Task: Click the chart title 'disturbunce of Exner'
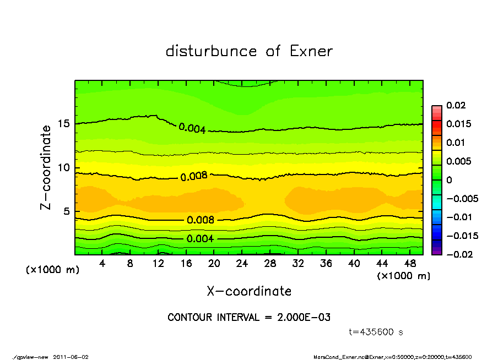[249, 51]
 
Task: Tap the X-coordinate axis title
[249, 291]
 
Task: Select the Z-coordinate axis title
[46, 167]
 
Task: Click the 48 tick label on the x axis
[410, 264]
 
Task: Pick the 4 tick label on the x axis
[102, 264]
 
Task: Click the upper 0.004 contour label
[192, 129]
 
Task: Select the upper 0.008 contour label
[194, 177]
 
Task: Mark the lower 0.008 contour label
[201, 220]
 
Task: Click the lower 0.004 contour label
[201, 239]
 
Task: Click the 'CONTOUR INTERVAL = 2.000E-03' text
[249, 318]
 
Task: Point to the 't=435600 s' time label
[376, 332]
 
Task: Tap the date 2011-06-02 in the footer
[71, 357]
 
